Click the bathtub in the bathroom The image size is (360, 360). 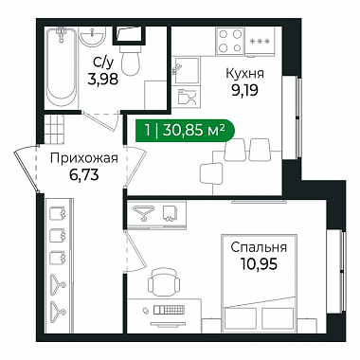tap(62, 68)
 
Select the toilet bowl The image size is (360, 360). tap(130, 59)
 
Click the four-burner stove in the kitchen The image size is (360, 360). tap(230, 41)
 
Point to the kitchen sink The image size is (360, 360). tap(186, 70)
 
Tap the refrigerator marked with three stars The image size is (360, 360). tap(260, 42)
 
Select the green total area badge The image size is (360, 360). tap(185, 130)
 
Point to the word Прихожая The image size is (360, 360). tap(84, 158)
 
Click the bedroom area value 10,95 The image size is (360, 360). tap(259, 263)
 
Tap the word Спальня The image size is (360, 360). tap(259, 247)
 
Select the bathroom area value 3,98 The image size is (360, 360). tap(103, 80)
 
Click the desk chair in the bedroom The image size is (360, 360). tap(164, 281)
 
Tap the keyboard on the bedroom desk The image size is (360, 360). tap(169, 310)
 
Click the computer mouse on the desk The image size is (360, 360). tap(146, 311)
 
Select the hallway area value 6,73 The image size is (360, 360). tap(84, 174)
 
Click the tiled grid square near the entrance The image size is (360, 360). tap(54, 129)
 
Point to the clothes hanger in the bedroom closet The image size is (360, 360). tap(143, 213)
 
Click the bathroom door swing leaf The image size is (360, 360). tap(99, 120)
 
